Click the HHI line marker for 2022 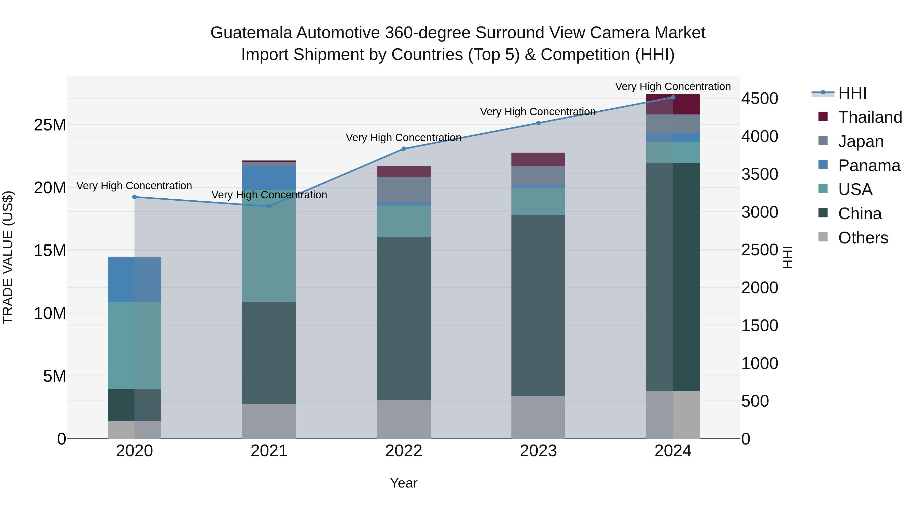pos(404,149)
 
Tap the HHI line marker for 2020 pos(134,197)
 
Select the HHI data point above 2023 pos(538,123)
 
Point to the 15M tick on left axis pos(50,251)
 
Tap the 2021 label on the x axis pos(269,451)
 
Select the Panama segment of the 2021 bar pos(269,178)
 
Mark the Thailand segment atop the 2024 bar pos(673,105)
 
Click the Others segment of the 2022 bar pos(404,419)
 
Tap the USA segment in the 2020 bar pos(134,345)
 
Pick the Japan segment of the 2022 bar pos(404,189)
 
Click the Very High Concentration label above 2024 pos(673,86)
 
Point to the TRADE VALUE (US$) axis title pos(8,257)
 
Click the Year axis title pos(404,483)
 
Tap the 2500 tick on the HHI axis pos(760,250)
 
